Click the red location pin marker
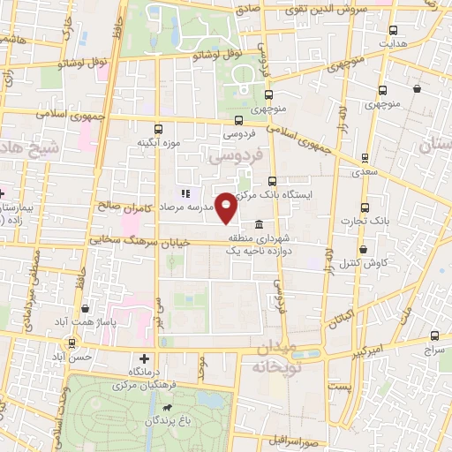tap(226, 207)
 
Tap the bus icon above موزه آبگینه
tap(159, 127)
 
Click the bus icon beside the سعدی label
tap(365, 158)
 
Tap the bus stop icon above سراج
tap(434, 335)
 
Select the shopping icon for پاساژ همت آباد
tap(85, 309)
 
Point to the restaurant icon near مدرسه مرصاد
tap(185, 193)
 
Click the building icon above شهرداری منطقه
tap(259, 224)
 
